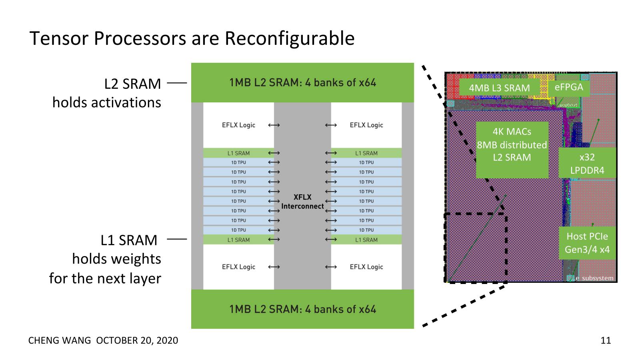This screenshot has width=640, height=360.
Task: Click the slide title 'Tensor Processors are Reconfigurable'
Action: point(192,38)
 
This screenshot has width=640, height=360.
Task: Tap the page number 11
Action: point(606,340)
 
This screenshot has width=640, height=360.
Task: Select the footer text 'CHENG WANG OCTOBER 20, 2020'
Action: point(103,340)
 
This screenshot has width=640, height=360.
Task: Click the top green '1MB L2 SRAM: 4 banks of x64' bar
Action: point(302,83)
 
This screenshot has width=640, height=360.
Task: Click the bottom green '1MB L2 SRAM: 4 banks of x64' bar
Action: point(302,309)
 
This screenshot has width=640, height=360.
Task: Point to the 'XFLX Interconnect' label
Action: point(302,202)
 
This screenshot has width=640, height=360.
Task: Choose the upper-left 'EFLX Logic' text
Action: point(238,125)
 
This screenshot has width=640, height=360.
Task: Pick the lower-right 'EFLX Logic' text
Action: point(366,267)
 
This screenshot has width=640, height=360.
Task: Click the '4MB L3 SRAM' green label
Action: point(499,88)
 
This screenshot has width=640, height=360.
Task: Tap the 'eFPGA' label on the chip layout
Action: point(569,87)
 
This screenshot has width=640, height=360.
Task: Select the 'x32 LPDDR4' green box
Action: point(587,163)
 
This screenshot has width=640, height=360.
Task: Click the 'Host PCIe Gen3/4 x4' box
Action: point(587,243)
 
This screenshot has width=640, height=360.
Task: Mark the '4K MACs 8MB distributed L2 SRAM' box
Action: point(512,145)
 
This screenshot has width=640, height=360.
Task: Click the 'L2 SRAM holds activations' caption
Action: point(107,93)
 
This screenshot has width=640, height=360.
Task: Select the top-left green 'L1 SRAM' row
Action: point(238,153)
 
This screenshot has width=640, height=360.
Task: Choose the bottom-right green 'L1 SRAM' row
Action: point(366,240)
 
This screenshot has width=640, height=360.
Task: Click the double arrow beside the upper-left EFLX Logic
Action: point(274,125)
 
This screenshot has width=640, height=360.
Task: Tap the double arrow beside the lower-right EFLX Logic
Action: point(331,267)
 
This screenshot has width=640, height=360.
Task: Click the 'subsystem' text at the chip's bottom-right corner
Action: point(598,278)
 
